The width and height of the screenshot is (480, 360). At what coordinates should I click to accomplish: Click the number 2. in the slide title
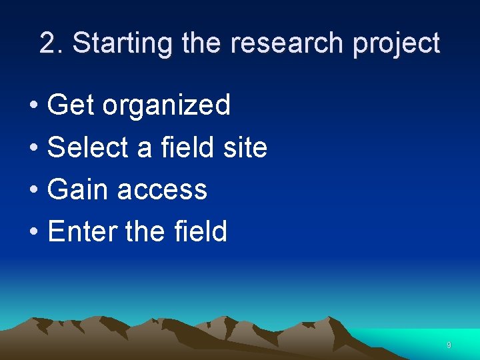point(52,43)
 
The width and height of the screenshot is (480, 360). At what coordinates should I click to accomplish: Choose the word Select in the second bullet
point(89,147)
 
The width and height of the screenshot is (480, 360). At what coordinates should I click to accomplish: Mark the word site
point(245,147)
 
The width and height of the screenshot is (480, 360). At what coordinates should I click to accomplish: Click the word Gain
point(78,190)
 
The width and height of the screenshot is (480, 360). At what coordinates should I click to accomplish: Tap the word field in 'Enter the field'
point(200,232)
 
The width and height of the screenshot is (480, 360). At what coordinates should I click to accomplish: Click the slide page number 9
point(449,345)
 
